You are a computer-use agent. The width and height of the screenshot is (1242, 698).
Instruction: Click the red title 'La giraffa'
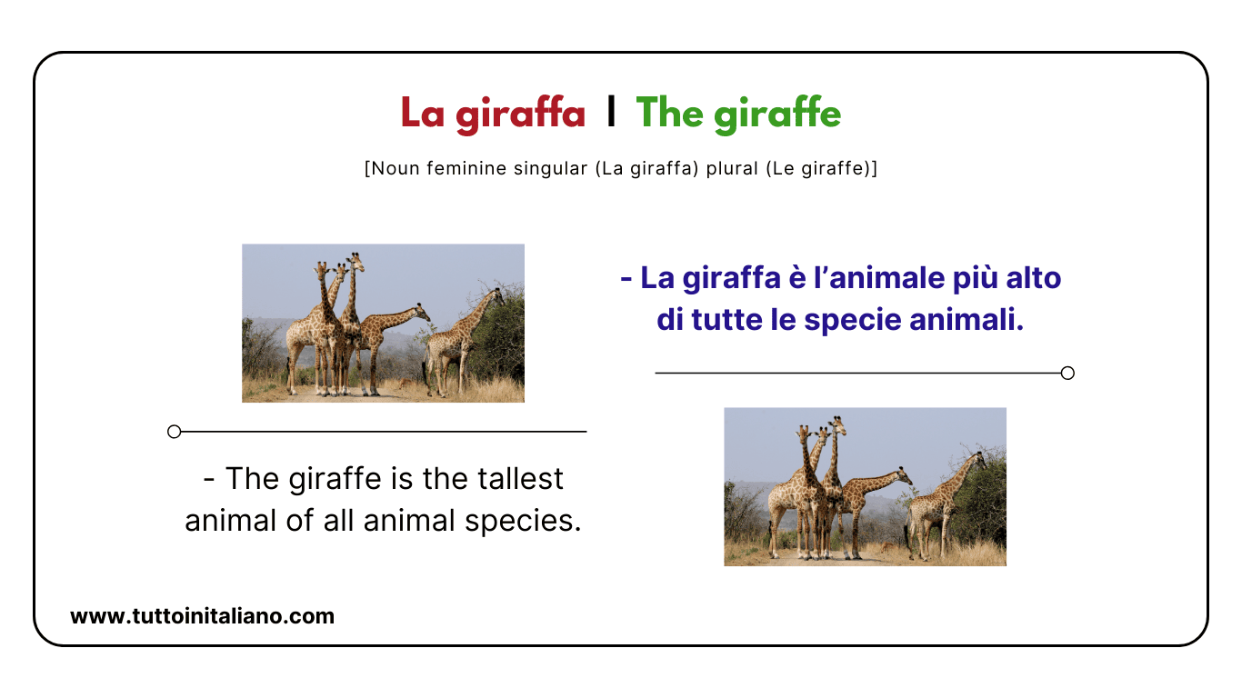point(493,114)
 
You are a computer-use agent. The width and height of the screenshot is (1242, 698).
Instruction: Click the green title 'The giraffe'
point(738,114)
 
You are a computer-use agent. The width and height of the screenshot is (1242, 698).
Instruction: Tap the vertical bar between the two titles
point(611,112)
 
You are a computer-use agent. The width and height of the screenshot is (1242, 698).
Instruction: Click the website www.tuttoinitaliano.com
point(202,616)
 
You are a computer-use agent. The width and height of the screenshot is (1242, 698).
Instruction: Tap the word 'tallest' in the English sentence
point(519,478)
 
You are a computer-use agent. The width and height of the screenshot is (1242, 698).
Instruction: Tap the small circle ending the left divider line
point(175,432)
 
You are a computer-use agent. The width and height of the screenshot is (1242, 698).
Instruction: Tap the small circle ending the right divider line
point(1067,373)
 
